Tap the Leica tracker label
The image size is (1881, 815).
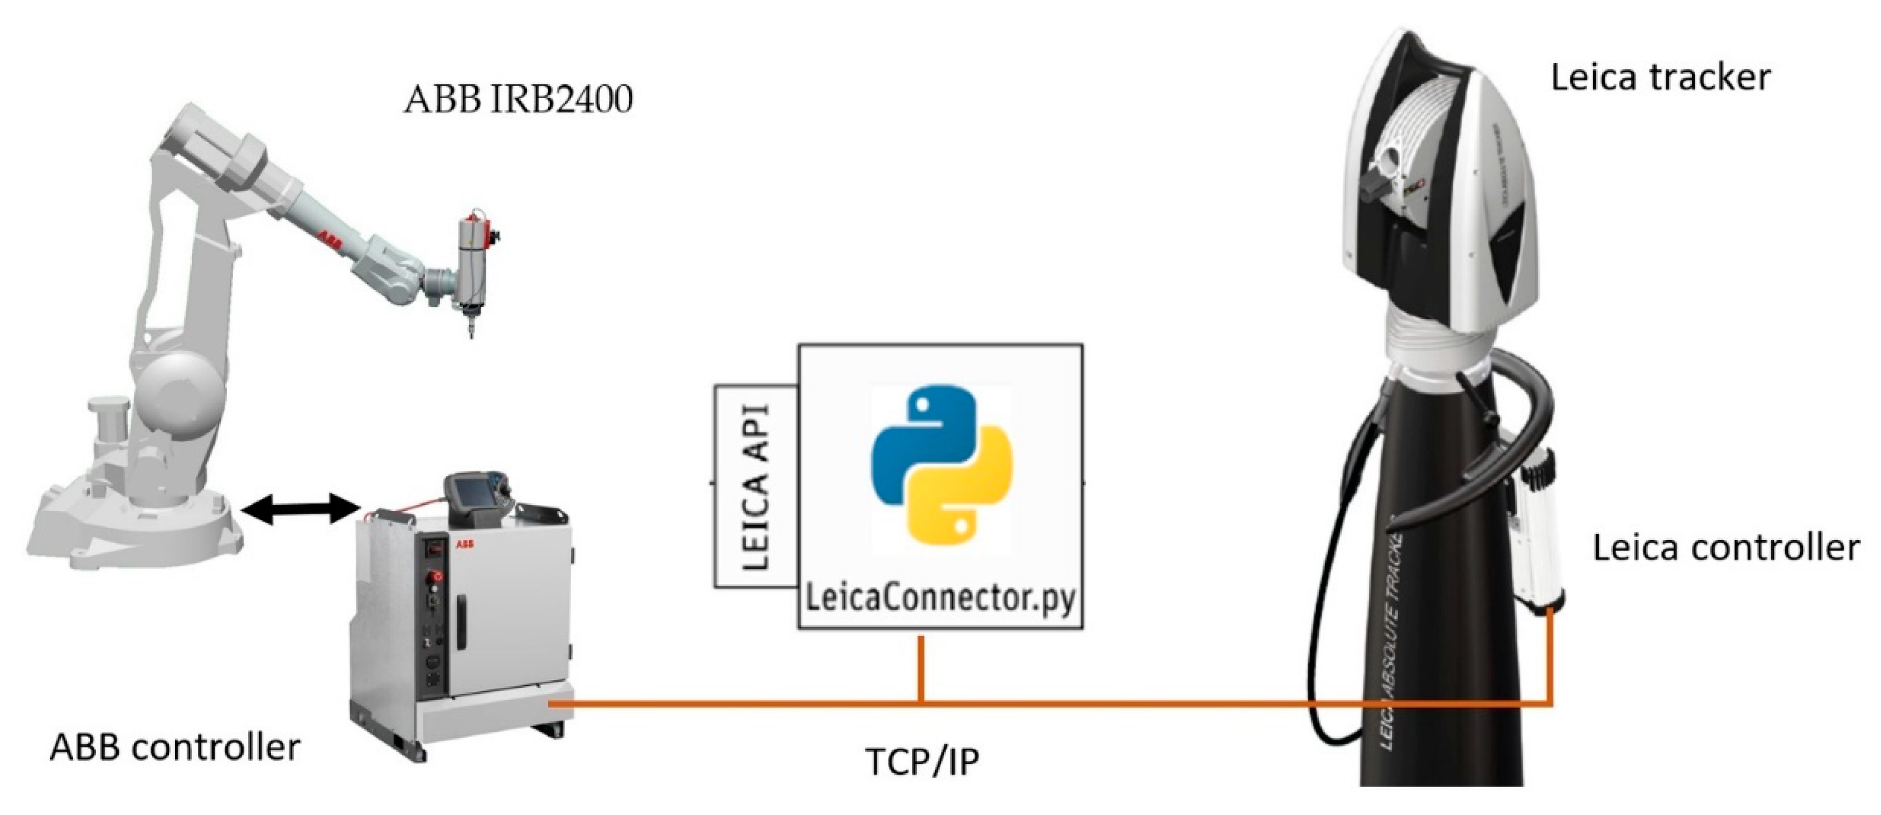(1660, 78)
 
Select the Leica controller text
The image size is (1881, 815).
(1725, 548)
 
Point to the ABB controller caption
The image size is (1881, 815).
(175, 747)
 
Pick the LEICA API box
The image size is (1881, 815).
(755, 486)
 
